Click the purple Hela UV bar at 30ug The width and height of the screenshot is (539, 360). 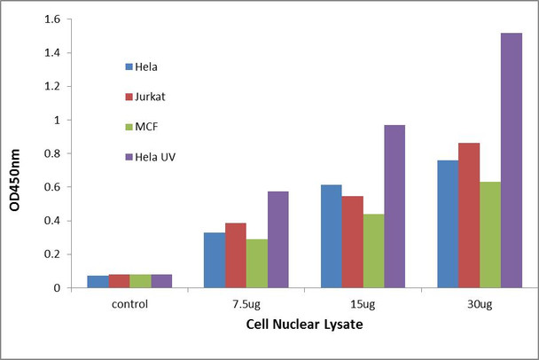(512, 160)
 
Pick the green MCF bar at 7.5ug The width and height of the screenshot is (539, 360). (257, 263)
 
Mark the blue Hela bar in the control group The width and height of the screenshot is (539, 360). (98, 281)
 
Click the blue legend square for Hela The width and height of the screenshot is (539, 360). (129, 67)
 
